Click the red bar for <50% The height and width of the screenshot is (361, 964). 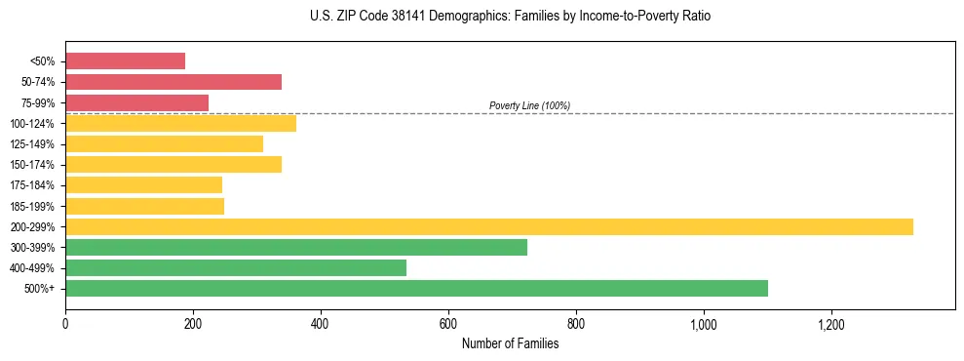click(x=125, y=61)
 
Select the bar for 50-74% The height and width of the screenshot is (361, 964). click(x=174, y=82)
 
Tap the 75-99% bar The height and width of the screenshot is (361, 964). click(x=136, y=102)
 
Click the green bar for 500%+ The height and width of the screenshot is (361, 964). click(x=416, y=288)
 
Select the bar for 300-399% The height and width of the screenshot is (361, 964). click(x=296, y=247)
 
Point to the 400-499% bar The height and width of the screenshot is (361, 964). click(x=236, y=267)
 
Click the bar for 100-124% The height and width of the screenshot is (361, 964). click(x=180, y=123)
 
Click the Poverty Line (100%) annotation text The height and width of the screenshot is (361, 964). click(x=529, y=105)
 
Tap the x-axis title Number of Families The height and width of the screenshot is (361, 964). click(x=510, y=343)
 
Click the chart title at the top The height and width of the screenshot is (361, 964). click(x=511, y=17)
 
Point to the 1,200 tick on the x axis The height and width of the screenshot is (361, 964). click(x=831, y=324)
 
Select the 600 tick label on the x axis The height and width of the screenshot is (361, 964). click(x=448, y=324)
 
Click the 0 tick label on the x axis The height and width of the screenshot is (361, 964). click(x=65, y=324)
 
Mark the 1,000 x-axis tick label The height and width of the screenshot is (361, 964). click(x=704, y=324)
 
